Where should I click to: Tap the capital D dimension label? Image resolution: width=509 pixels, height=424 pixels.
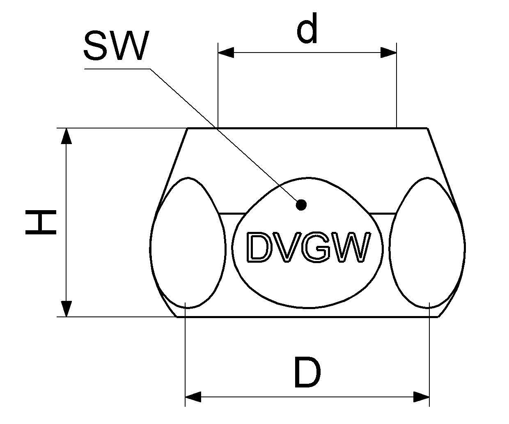click(307, 373)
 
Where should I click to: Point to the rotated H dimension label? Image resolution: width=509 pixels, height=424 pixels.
click(41, 222)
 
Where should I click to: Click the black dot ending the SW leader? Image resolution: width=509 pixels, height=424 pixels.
click(302, 204)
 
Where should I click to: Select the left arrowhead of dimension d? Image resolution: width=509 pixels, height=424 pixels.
click(226, 53)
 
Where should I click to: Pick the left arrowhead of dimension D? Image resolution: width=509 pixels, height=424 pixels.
click(193, 397)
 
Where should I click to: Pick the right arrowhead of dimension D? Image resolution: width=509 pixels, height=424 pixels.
click(421, 397)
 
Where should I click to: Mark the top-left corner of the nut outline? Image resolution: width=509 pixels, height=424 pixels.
click(188, 128)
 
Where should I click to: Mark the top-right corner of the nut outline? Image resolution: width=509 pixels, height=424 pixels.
click(428, 128)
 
